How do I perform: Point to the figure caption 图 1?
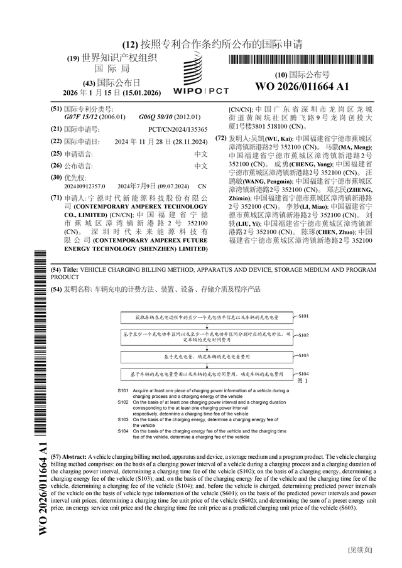[302, 381]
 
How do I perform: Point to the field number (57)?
[55, 456]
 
